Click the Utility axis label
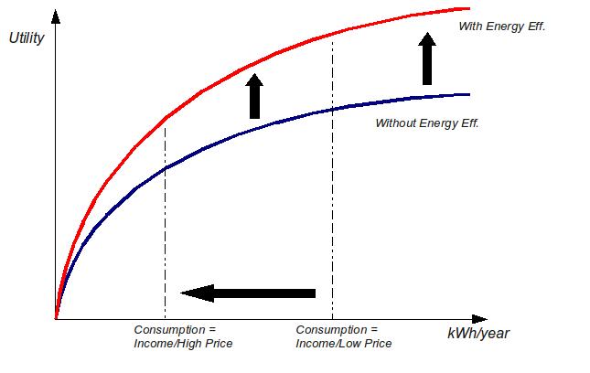(27, 38)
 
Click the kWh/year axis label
(478, 334)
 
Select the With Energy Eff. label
(502, 27)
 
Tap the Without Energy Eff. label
(427, 123)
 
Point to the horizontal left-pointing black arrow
(248, 293)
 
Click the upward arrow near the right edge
(427, 59)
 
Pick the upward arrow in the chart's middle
(254, 96)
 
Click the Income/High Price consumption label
(183, 336)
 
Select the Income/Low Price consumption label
(344, 336)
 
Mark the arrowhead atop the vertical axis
(56, 17)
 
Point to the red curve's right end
(469, 8)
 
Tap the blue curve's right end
(469, 94)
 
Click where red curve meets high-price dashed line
(166, 118)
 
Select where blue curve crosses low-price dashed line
(333, 110)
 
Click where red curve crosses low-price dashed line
(333, 34)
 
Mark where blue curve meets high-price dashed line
(166, 169)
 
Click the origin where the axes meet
(56, 319)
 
